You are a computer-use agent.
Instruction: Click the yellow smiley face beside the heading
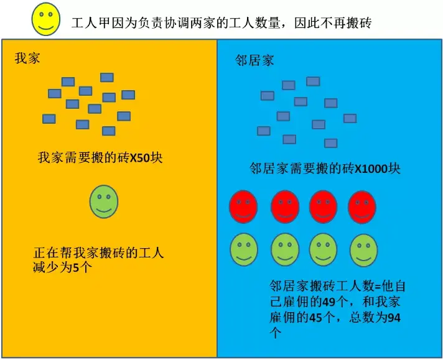[x=46, y=19]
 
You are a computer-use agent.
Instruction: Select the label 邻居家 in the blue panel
[x=254, y=60]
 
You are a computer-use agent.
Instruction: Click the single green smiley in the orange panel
[x=103, y=201]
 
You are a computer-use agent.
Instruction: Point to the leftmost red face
[x=244, y=206]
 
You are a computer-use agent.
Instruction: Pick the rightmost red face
[x=361, y=206]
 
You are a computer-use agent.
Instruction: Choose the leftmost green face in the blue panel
[x=244, y=249]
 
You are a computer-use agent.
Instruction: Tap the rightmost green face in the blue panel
[x=364, y=249]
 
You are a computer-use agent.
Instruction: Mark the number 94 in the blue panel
[x=393, y=318]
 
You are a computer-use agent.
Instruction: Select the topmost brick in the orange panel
[x=107, y=78]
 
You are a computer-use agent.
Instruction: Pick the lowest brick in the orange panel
[x=108, y=131]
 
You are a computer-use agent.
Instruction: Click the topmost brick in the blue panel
[x=313, y=81]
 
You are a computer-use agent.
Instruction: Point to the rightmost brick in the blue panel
[x=350, y=118]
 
